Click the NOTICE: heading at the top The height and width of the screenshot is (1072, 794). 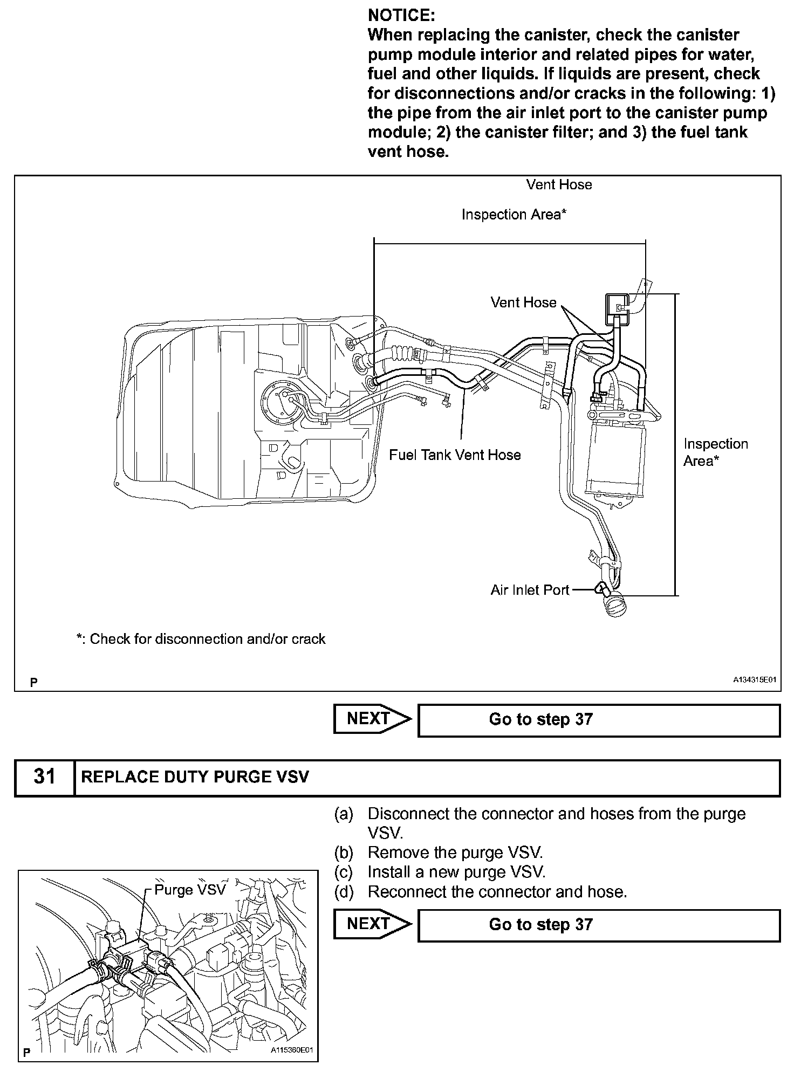401,15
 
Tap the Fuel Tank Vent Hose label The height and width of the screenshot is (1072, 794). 455,455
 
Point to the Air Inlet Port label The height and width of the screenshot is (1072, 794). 530,590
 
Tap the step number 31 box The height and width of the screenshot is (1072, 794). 44,777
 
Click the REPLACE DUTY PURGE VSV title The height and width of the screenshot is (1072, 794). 195,777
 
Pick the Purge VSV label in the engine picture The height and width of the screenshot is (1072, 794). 189,889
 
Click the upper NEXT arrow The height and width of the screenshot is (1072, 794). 371,719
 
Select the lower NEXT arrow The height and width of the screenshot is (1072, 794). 371,924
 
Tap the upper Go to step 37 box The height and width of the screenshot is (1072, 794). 599,719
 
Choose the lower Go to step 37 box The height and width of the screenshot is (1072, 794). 599,924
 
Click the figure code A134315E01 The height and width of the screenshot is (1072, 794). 754,682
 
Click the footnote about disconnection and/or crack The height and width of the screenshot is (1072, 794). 201,639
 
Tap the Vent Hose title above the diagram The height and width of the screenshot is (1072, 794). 559,184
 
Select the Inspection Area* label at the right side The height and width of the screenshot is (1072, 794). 715,452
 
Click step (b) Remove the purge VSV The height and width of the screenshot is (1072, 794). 455,853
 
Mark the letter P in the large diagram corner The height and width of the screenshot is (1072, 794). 34,683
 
